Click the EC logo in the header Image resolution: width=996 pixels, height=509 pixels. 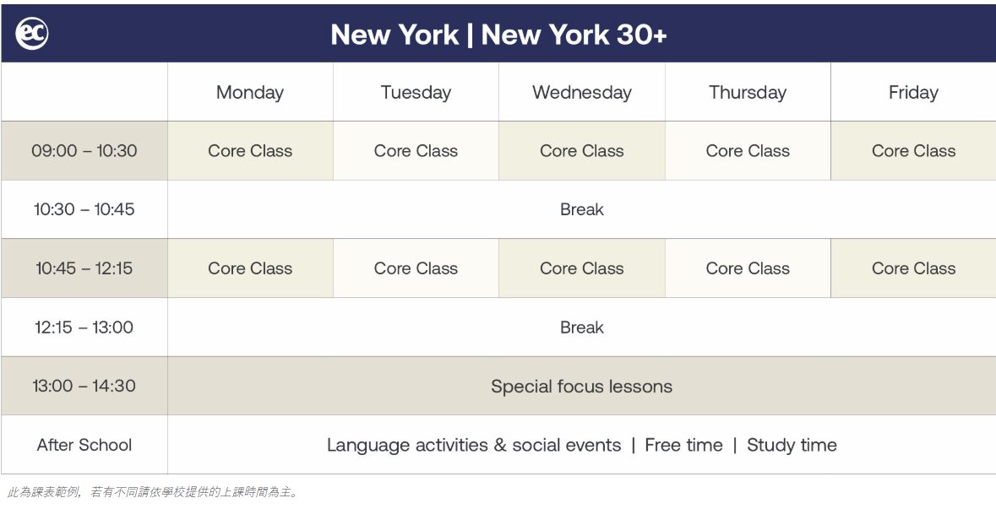(32, 34)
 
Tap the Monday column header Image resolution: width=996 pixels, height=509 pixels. (250, 93)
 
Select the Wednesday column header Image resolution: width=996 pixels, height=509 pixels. (582, 93)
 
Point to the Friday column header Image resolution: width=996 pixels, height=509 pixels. (913, 93)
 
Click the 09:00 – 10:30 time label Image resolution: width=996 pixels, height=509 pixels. (84, 151)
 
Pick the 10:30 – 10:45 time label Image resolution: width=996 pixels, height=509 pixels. (84, 209)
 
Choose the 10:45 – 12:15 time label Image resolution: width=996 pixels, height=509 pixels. (84, 268)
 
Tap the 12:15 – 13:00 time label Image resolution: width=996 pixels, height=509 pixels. (84, 328)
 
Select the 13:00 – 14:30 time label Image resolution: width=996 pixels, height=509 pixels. (84, 386)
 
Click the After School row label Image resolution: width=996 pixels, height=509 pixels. (84, 445)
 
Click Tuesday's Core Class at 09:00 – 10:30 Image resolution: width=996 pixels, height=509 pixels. (416, 151)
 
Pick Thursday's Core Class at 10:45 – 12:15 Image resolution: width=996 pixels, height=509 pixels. (748, 268)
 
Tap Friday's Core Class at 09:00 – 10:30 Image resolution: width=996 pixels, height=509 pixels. (913, 151)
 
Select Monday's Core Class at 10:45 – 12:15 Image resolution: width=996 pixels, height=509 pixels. (250, 268)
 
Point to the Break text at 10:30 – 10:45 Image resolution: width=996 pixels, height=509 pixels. (582, 209)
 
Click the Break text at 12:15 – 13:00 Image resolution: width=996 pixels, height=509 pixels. (582, 328)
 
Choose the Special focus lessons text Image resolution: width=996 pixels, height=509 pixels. (581, 387)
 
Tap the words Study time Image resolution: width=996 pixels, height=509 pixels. (792, 446)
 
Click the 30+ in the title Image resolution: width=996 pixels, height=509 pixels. (641, 35)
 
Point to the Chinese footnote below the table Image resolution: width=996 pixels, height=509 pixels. (152, 492)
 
